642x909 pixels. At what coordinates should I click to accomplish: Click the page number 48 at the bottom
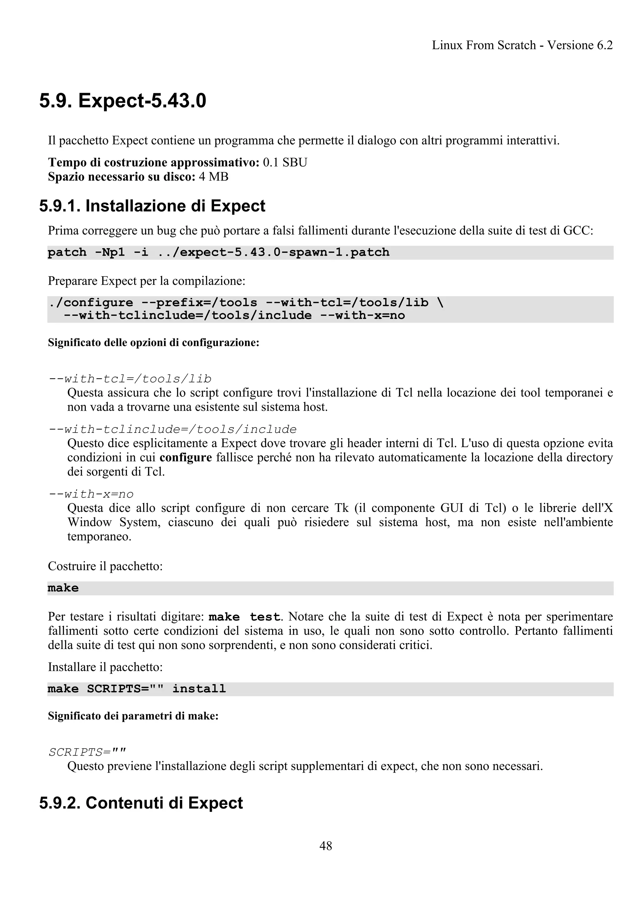coord(326,846)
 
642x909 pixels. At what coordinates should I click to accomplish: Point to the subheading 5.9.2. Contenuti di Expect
coord(141,803)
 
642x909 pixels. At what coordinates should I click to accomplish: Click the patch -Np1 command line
coord(218,252)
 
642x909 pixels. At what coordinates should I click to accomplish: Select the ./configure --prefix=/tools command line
coord(245,303)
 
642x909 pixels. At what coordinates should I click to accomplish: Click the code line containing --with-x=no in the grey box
coord(234,316)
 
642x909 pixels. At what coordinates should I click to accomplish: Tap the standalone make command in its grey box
coord(63,588)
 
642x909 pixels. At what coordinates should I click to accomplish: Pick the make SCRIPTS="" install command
coord(136,689)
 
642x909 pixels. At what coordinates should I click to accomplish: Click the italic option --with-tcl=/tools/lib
coord(130,379)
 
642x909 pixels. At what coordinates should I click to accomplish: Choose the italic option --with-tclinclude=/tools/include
coord(172,429)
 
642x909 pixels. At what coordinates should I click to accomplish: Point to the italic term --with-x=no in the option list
coord(91,494)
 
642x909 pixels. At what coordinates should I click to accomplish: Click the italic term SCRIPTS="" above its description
coord(87,752)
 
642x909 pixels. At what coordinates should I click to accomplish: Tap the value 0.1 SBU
coord(285,162)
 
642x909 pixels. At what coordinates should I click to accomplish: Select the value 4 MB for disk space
coord(213,177)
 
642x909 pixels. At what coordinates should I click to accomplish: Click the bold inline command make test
coord(245,617)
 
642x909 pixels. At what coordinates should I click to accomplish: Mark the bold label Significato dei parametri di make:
coord(133,716)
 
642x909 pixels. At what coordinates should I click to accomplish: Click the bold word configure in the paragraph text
coord(186,458)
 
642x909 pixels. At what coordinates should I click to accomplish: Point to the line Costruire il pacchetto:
coord(105,566)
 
